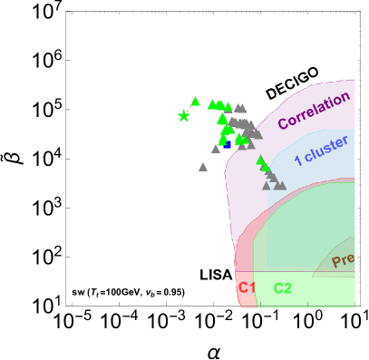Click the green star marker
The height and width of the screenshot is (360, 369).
tap(184, 116)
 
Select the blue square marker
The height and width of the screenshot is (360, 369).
tap(226, 144)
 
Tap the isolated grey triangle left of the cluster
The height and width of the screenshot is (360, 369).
tap(203, 167)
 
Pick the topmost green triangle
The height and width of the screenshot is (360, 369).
tap(195, 102)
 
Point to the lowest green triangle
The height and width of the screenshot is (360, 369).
tap(266, 168)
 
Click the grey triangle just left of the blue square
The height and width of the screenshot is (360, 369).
tap(217, 149)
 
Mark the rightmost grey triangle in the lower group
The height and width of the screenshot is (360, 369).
tap(281, 185)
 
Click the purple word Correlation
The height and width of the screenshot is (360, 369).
tap(314, 110)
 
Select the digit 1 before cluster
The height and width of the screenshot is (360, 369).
tap(297, 161)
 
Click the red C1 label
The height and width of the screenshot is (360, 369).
tap(247, 288)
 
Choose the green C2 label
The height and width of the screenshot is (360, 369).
tap(283, 288)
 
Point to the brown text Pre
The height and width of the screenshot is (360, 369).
tap(343, 261)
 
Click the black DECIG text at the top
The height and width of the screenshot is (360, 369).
tap(286, 88)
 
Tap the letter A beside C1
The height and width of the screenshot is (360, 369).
tap(228, 275)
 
